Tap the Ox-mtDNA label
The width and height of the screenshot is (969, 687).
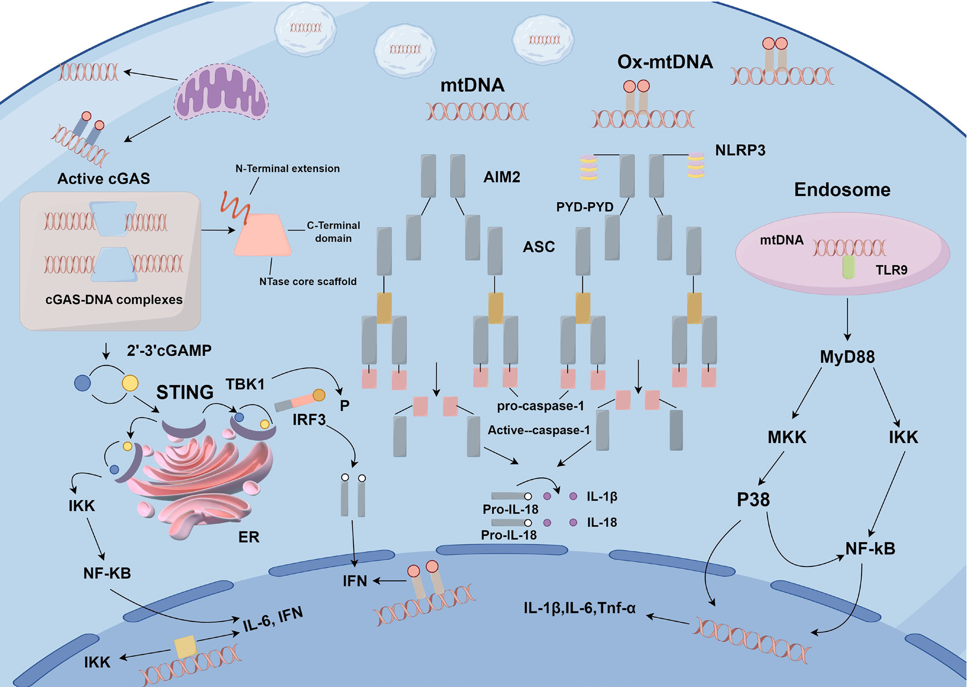tap(665, 62)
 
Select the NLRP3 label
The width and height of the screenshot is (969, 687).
tap(740, 150)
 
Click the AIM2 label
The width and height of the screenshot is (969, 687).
tap(502, 177)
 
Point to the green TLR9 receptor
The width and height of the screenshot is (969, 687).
tap(848, 268)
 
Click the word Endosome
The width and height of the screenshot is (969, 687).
tap(842, 190)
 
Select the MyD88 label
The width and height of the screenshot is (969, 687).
tap(847, 357)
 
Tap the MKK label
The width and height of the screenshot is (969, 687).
tap(787, 437)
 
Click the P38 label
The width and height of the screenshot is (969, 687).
tap(753, 500)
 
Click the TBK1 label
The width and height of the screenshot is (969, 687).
tap(245, 384)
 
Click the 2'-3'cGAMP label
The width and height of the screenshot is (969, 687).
tap(169, 351)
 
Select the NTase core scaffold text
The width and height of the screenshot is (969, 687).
tap(308, 282)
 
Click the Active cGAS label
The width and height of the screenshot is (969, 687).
tap(104, 178)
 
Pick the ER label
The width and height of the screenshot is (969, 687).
tap(249, 537)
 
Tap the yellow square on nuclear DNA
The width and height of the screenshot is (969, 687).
tap(185, 647)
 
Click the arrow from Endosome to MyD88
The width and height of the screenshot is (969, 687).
tap(847, 319)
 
